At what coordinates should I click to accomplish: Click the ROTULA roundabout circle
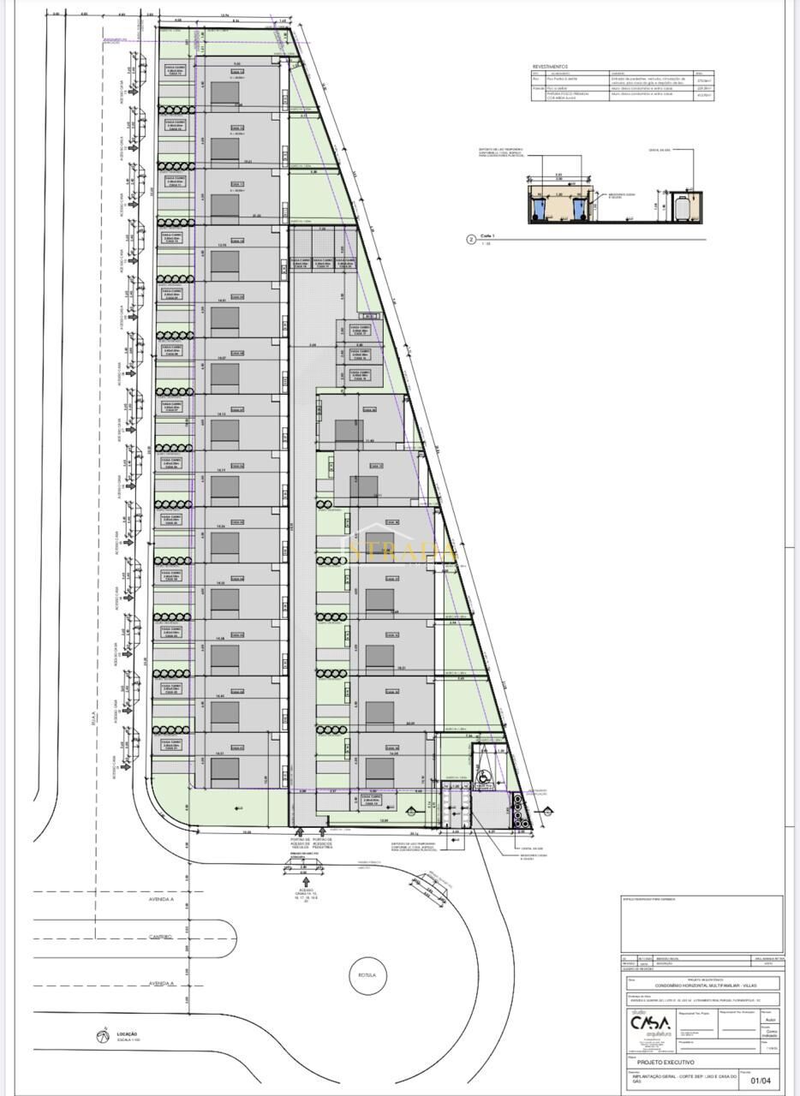click(x=367, y=974)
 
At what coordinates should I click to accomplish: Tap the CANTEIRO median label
click(x=161, y=936)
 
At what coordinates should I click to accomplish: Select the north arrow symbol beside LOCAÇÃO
click(x=103, y=1036)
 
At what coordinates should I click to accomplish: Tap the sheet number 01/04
click(x=760, y=1081)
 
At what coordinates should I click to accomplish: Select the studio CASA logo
click(x=649, y=1022)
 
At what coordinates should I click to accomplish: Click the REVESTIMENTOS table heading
click(x=550, y=66)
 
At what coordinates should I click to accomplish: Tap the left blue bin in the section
click(x=538, y=208)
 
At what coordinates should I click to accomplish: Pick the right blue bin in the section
click(x=580, y=208)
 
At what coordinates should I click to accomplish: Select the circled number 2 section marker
click(x=470, y=240)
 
